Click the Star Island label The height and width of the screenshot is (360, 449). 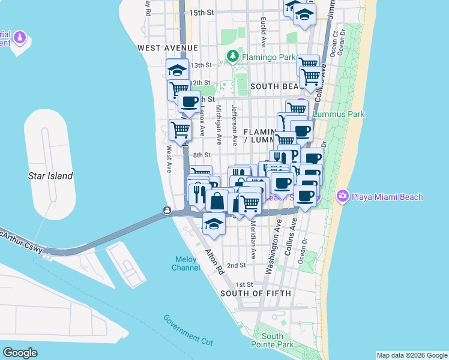[50, 176]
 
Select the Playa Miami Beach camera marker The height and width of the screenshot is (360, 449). [343, 196]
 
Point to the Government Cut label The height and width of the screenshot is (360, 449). [188, 331]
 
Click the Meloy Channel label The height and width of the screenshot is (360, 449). [185, 263]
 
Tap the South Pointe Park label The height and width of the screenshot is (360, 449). [277, 340]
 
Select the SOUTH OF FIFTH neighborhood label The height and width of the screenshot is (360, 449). [255, 293]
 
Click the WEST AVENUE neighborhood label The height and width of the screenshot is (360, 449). [167, 47]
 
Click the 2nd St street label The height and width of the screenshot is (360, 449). [237, 265]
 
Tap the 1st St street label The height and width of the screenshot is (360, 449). [244, 284]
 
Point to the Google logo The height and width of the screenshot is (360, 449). [20, 352]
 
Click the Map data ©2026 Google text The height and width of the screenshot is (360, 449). [411, 355]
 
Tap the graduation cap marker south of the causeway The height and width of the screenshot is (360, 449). [212, 223]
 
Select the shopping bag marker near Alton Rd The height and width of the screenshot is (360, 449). [217, 200]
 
